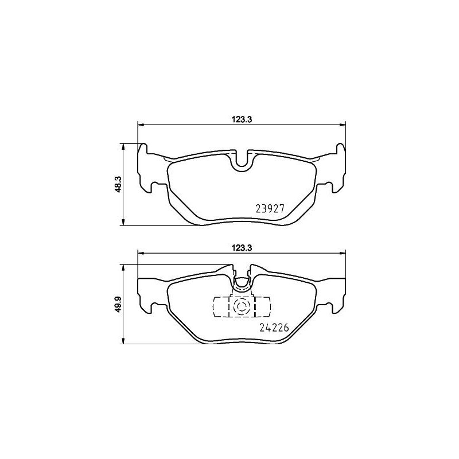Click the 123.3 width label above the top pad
tap(241, 119)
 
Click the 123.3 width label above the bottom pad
tap(241, 248)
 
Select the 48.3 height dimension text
tap(118, 184)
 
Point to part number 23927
tap(270, 209)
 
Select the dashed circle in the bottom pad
tap(241, 307)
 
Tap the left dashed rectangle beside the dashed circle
tap(221, 307)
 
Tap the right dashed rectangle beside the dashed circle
tap(262, 307)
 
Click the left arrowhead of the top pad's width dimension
tap(140, 125)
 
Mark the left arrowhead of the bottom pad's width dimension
tap(140, 254)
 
